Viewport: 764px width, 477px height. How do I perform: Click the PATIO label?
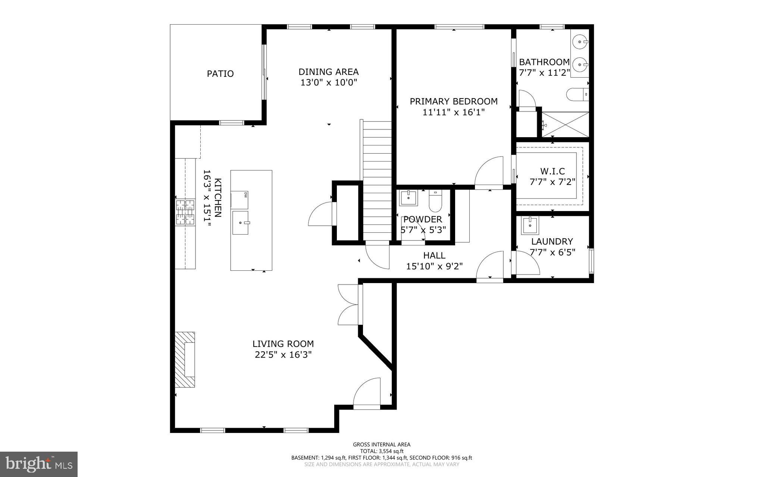pos(220,74)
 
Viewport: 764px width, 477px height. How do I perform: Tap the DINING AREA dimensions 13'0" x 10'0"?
pos(329,82)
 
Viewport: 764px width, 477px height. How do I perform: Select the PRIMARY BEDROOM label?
pos(454,101)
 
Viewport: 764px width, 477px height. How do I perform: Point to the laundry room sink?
pos(530,225)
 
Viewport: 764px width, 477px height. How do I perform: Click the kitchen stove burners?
pos(185,213)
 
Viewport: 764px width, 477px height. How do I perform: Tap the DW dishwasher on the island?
pos(239,200)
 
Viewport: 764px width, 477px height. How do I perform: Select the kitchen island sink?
pos(240,223)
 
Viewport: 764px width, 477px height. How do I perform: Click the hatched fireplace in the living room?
pos(185,360)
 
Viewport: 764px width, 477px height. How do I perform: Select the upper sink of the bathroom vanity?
pos(579,42)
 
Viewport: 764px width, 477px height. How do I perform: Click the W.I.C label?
pos(552,172)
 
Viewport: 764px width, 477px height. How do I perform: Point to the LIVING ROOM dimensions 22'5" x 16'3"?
pos(283,355)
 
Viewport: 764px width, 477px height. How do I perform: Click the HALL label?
pos(434,255)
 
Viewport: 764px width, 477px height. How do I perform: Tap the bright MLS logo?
pos(39,464)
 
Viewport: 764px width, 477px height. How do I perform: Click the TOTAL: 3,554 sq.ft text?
pos(382,451)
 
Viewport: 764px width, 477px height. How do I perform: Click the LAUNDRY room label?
pos(552,241)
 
